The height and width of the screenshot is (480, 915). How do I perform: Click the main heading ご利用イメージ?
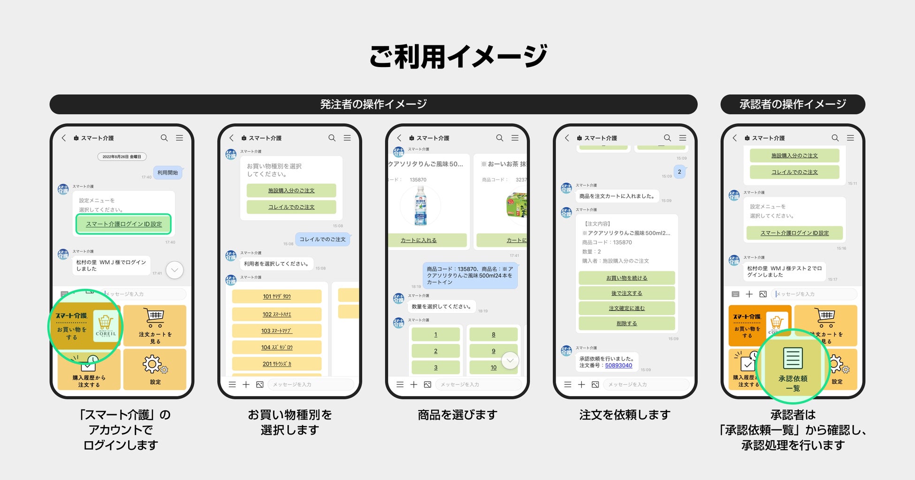click(x=457, y=56)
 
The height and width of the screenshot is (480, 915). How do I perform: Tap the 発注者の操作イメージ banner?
click(x=373, y=104)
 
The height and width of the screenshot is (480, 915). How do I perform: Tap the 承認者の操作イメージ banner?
click(x=793, y=104)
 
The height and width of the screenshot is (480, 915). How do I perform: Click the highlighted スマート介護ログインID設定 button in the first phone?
click(x=123, y=224)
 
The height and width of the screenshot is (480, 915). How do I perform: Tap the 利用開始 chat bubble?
click(x=168, y=172)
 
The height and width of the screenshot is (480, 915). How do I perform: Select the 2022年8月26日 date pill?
click(x=122, y=157)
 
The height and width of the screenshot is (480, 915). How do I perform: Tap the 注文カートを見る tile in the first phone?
click(x=155, y=326)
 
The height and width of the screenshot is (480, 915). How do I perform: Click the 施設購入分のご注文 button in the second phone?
click(x=291, y=190)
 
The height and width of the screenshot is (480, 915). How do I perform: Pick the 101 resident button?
click(x=276, y=296)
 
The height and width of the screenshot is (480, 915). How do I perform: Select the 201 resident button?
click(x=276, y=364)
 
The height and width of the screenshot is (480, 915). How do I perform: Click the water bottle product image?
click(x=420, y=206)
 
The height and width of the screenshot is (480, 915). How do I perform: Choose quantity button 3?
click(x=435, y=367)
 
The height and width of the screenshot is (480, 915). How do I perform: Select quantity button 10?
click(x=493, y=367)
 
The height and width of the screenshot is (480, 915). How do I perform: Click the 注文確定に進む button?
click(x=626, y=308)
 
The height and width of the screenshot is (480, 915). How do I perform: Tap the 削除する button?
click(x=626, y=323)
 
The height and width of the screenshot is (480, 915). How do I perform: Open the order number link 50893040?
click(x=618, y=366)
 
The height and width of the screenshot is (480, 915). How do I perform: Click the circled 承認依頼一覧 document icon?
click(x=793, y=359)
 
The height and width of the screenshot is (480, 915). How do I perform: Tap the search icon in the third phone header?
click(x=499, y=138)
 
